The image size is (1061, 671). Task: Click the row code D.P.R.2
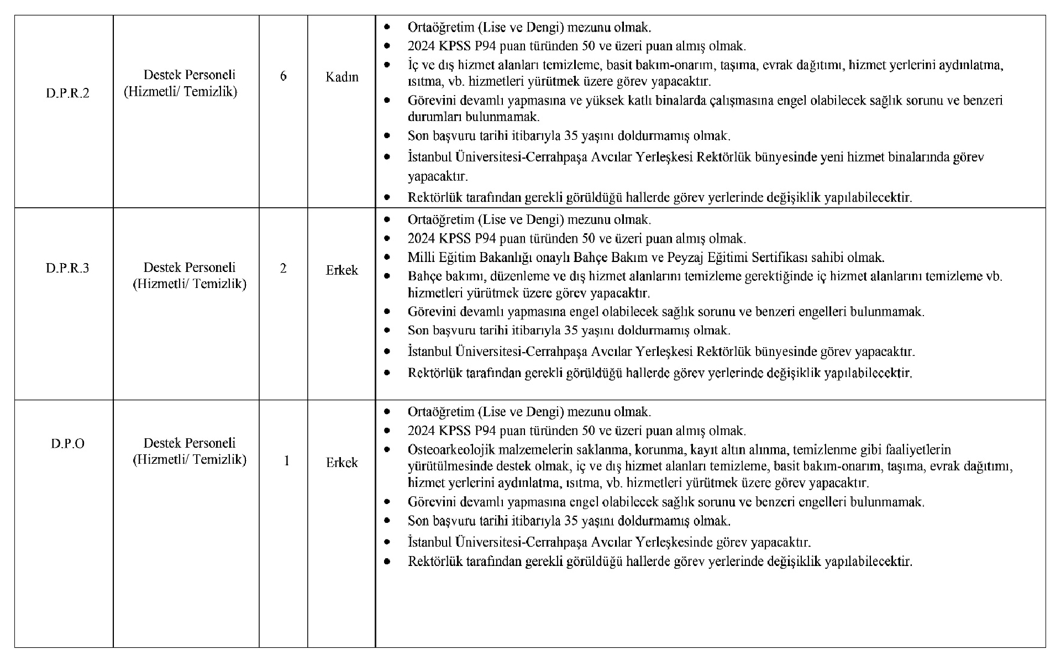pyautogui.click(x=67, y=93)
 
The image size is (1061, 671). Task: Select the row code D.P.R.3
pyautogui.click(x=67, y=269)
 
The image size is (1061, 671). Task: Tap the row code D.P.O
pyautogui.click(x=67, y=444)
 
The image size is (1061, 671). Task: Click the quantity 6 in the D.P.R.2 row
pyautogui.click(x=283, y=76)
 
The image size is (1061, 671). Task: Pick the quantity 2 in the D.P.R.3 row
pyautogui.click(x=283, y=269)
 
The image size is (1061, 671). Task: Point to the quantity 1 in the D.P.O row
pyautogui.click(x=286, y=461)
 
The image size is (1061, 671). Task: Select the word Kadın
pyautogui.click(x=342, y=77)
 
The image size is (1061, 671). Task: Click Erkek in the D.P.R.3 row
pyautogui.click(x=342, y=270)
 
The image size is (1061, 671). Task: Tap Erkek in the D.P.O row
pyautogui.click(x=342, y=463)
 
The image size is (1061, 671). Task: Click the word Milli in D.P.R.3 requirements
pyautogui.click(x=421, y=258)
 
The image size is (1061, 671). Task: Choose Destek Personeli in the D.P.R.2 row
pyautogui.click(x=189, y=75)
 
